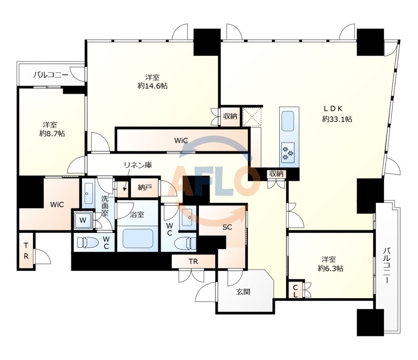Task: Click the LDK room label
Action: click(333, 108)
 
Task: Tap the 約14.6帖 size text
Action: click(153, 86)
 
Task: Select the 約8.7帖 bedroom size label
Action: click(52, 134)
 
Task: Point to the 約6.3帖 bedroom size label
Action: click(330, 268)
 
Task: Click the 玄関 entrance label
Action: click(243, 292)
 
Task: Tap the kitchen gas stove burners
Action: click(288, 153)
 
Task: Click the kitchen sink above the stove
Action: click(288, 121)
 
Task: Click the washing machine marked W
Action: click(83, 220)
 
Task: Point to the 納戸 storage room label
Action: click(145, 187)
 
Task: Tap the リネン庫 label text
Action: click(138, 165)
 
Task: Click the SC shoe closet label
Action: click(227, 227)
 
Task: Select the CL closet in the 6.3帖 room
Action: click(296, 291)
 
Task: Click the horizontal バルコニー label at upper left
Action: click(51, 75)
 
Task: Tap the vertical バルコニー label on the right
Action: click(387, 266)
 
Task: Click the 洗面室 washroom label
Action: click(105, 206)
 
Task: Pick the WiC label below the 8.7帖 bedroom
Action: click(57, 205)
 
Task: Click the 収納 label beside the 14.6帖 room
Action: click(230, 116)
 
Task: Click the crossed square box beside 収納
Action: click(252, 116)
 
